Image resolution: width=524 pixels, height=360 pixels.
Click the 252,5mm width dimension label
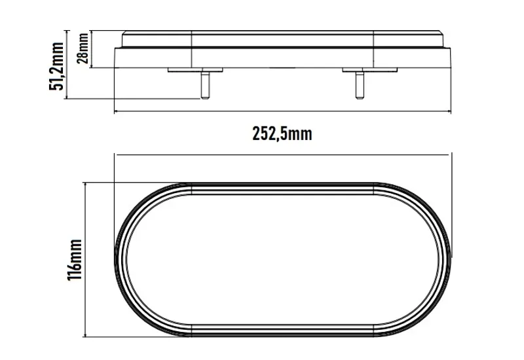[282, 134]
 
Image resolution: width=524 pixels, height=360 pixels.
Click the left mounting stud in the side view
[204, 85]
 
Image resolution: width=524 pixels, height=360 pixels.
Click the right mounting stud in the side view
[358, 85]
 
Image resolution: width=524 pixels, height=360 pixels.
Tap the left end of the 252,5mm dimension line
[115, 111]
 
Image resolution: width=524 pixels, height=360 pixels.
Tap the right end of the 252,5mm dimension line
[451, 111]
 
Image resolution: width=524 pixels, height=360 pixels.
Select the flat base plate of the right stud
[358, 70]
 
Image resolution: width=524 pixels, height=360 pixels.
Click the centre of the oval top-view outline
[283, 260]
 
